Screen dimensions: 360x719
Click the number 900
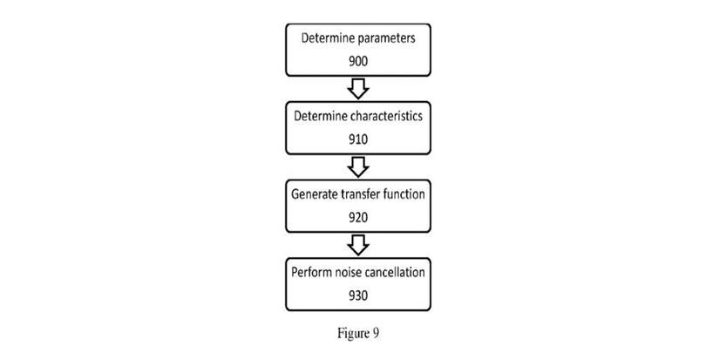(x=359, y=61)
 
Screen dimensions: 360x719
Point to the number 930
(x=359, y=295)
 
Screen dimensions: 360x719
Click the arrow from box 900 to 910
(x=359, y=88)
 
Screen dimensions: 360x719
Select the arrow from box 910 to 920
(x=359, y=166)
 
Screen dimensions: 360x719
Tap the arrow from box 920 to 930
(x=359, y=243)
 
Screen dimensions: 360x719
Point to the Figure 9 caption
(x=359, y=332)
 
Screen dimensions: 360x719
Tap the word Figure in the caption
(x=355, y=332)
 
